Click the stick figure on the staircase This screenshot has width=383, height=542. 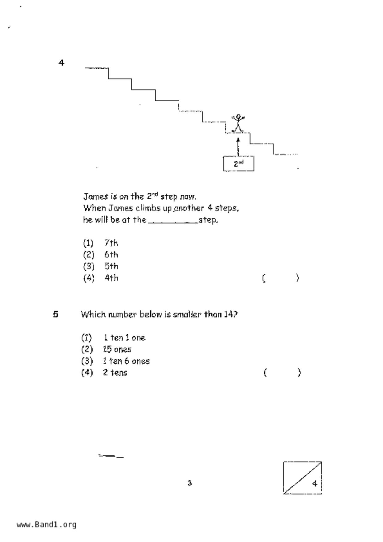[x=238, y=123]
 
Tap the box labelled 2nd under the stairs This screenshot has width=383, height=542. [x=239, y=164]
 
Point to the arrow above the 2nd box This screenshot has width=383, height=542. [x=238, y=146]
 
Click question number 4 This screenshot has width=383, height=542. [x=62, y=63]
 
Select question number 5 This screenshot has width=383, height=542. [x=56, y=314]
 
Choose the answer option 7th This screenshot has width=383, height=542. [x=111, y=243]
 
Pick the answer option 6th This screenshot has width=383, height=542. [x=111, y=255]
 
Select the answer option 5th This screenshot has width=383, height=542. [x=111, y=266]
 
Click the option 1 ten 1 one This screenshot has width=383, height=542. [x=124, y=338]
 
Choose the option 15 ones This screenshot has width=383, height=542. [x=117, y=349]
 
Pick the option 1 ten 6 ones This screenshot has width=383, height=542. [x=126, y=361]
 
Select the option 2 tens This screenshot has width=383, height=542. [x=115, y=373]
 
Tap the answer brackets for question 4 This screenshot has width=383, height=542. [x=280, y=278]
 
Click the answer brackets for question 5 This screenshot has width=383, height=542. [x=282, y=373]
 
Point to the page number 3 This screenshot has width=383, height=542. [x=190, y=483]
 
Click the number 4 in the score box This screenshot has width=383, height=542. [x=315, y=483]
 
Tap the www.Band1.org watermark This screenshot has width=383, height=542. [x=46, y=525]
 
